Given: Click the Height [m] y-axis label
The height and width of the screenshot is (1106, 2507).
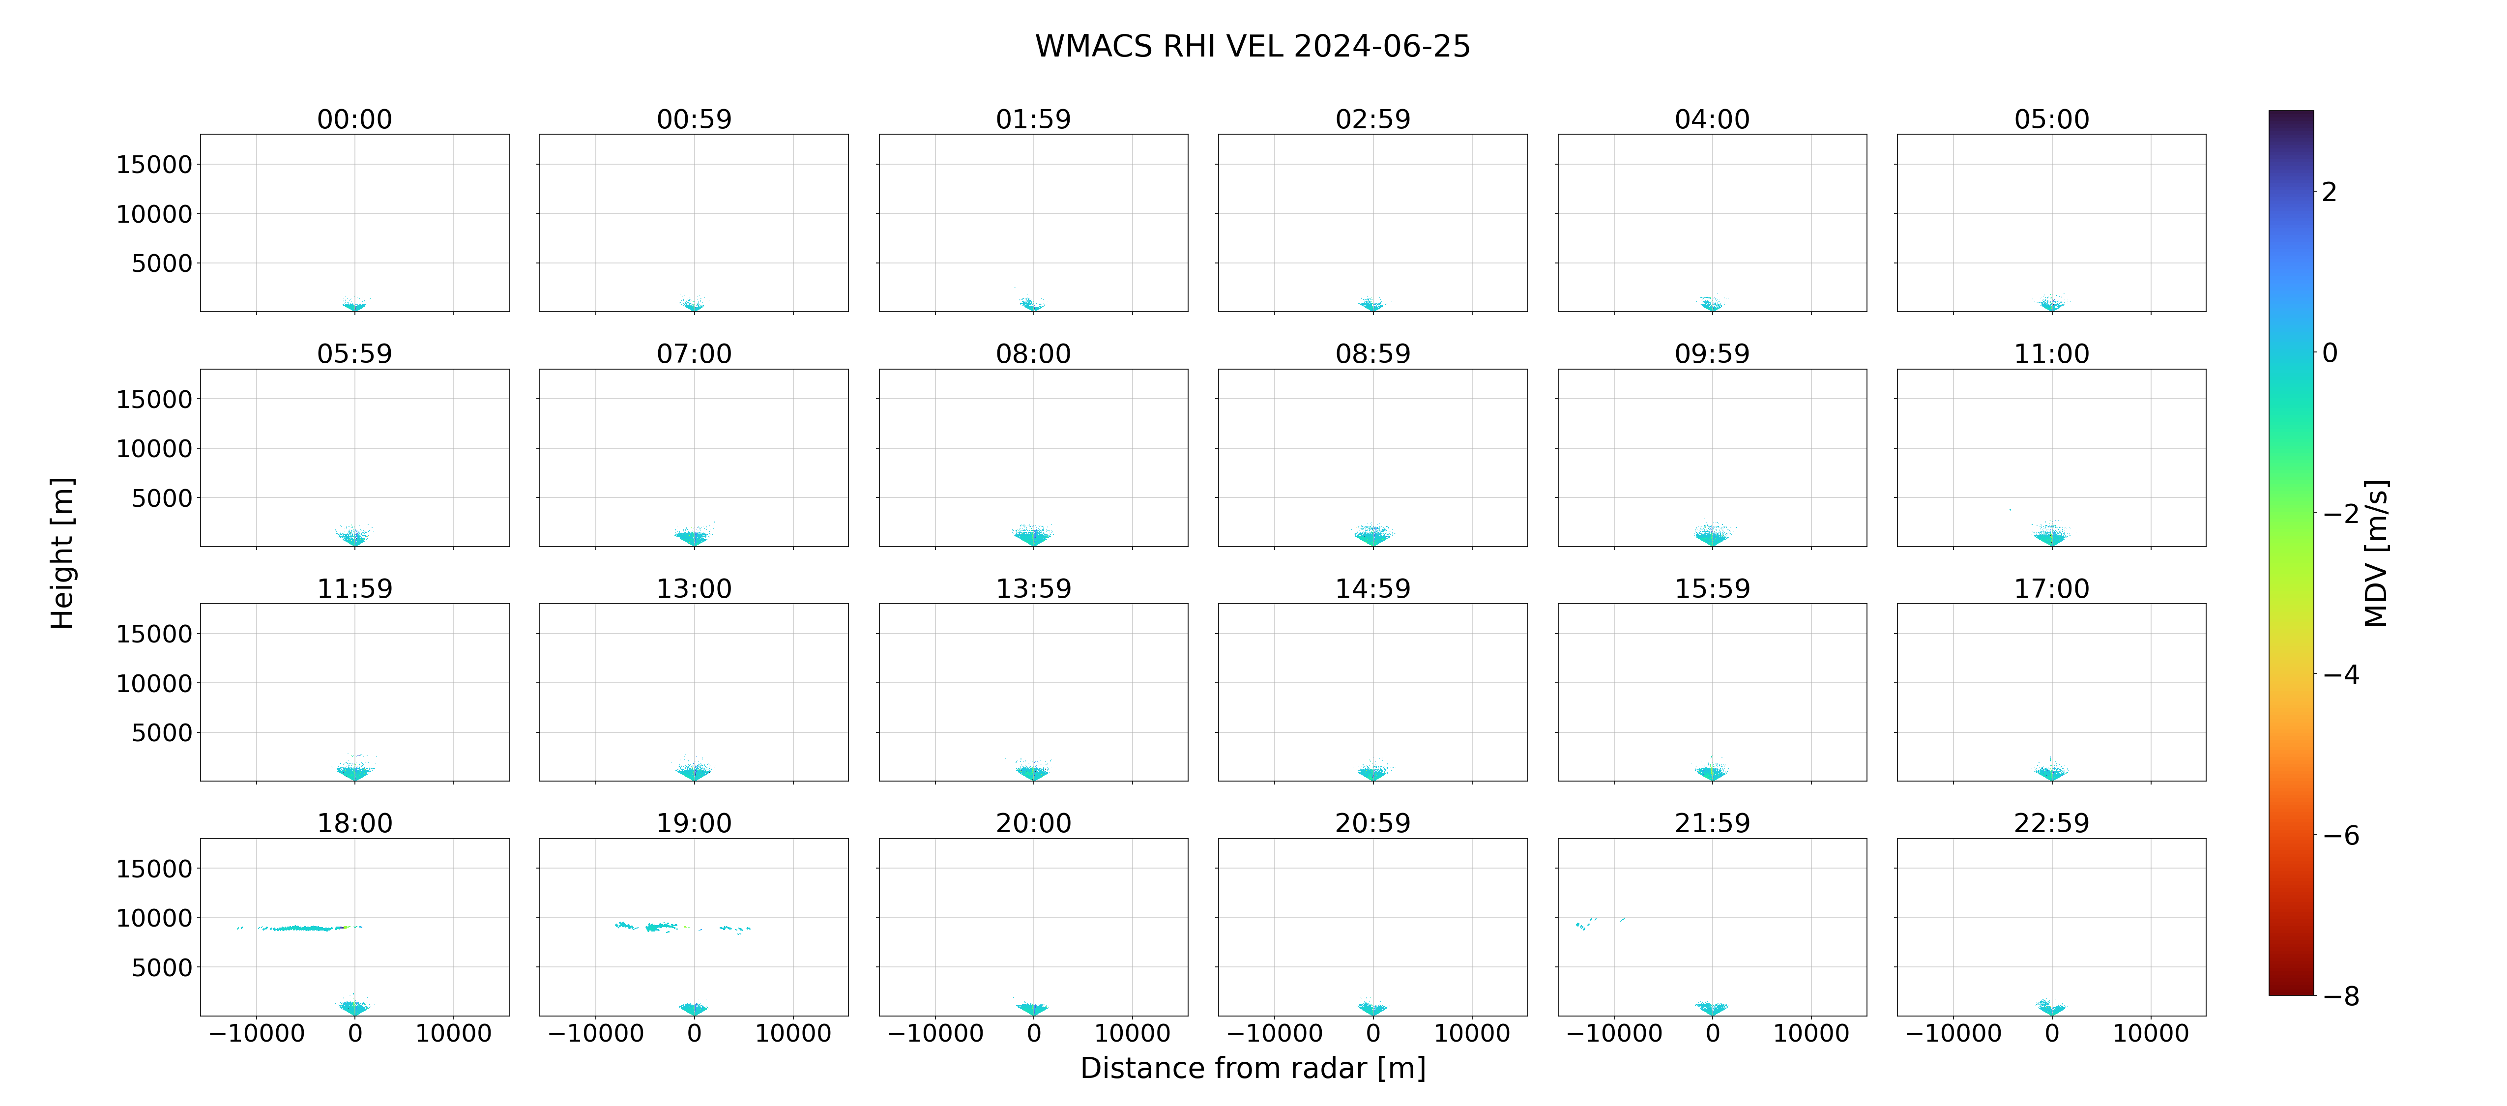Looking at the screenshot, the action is click(61, 553).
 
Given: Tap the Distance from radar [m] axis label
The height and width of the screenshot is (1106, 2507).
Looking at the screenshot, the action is click(1253, 1068).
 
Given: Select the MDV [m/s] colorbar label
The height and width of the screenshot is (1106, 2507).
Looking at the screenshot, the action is click(2376, 553).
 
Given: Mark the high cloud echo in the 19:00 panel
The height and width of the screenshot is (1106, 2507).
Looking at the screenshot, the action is click(681, 927).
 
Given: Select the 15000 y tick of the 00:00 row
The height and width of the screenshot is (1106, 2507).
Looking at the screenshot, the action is click(154, 165).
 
